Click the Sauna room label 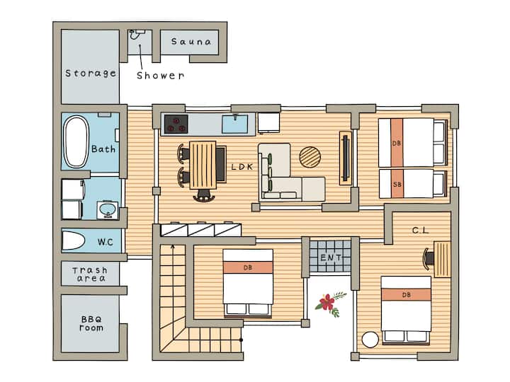click(x=191, y=42)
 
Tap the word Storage click(x=91, y=74)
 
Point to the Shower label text click(x=160, y=76)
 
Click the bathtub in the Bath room click(x=76, y=141)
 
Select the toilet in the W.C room click(x=74, y=241)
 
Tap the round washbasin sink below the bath click(x=108, y=210)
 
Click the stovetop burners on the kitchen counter click(x=176, y=124)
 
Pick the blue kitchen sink click(x=235, y=124)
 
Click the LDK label click(x=242, y=167)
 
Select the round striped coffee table click(x=310, y=157)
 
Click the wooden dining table click(x=203, y=165)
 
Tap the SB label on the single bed click(x=397, y=185)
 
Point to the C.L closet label click(x=421, y=231)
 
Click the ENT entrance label click(x=331, y=257)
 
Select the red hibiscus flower click(x=327, y=302)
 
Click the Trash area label click(x=90, y=274)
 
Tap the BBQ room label click(x=91, y=323)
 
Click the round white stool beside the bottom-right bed click(x=370, y=340)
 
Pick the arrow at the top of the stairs click(x=173, y=247)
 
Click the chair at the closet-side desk click(x=429, y=259)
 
